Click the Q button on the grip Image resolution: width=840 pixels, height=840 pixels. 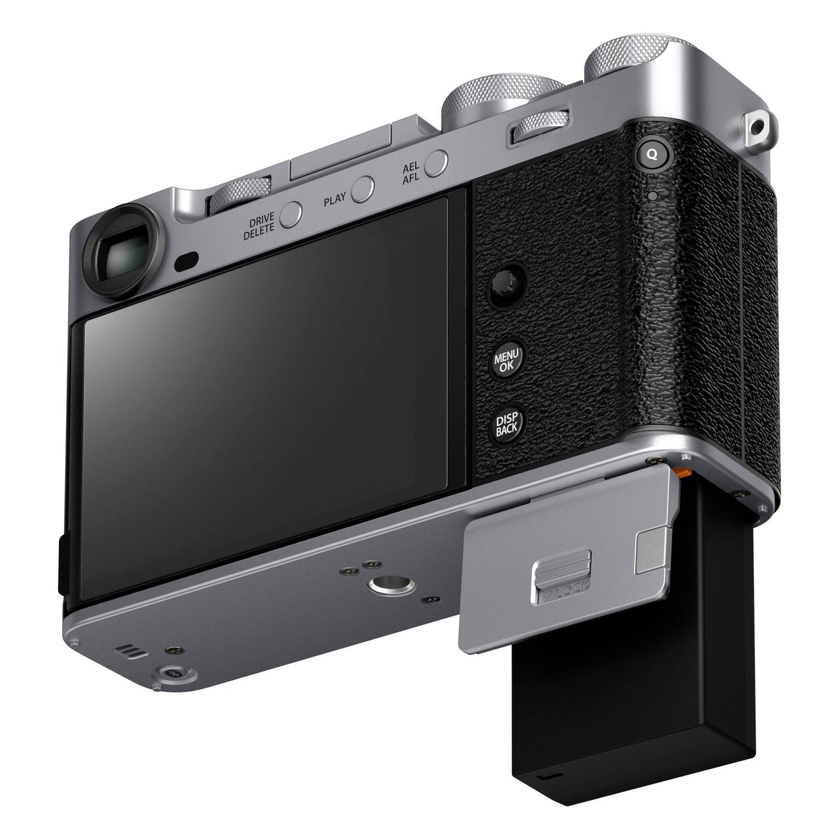[652, 154]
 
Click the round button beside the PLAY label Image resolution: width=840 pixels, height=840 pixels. [363, 190]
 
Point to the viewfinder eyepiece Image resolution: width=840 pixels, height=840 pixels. [124, 253]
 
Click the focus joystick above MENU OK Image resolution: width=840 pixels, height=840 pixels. [507, 285]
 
